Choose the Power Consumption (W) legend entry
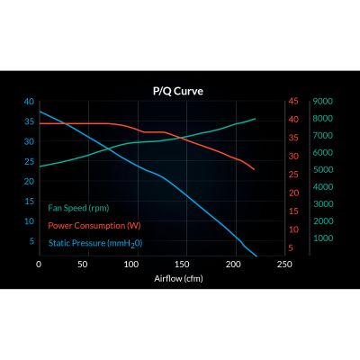coord(94,225)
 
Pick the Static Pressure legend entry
coord(94,243)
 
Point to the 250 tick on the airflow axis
coord(283,265)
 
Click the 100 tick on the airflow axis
coord(136,265)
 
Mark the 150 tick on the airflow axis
coord(184,265)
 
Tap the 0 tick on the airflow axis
coord(39,265)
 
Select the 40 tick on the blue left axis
coord(29,102)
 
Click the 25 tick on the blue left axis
coord(29,161)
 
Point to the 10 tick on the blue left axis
coord(29,220)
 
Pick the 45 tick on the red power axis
coord(292,102)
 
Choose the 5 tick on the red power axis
coord(292,247)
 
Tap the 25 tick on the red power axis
coord(292,174)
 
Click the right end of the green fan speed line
coord(255,119)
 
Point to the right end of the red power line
coord(255,169)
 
